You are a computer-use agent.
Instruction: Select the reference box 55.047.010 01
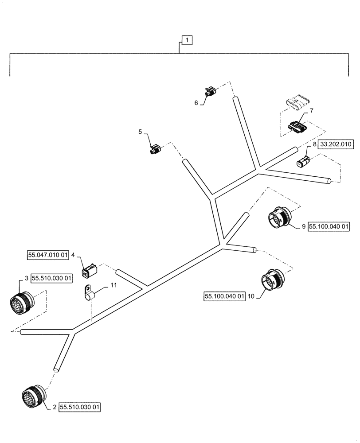(48, 255)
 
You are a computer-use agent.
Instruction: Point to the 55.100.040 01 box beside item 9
(329, 226)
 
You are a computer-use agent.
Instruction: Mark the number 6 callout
(196, 102)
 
